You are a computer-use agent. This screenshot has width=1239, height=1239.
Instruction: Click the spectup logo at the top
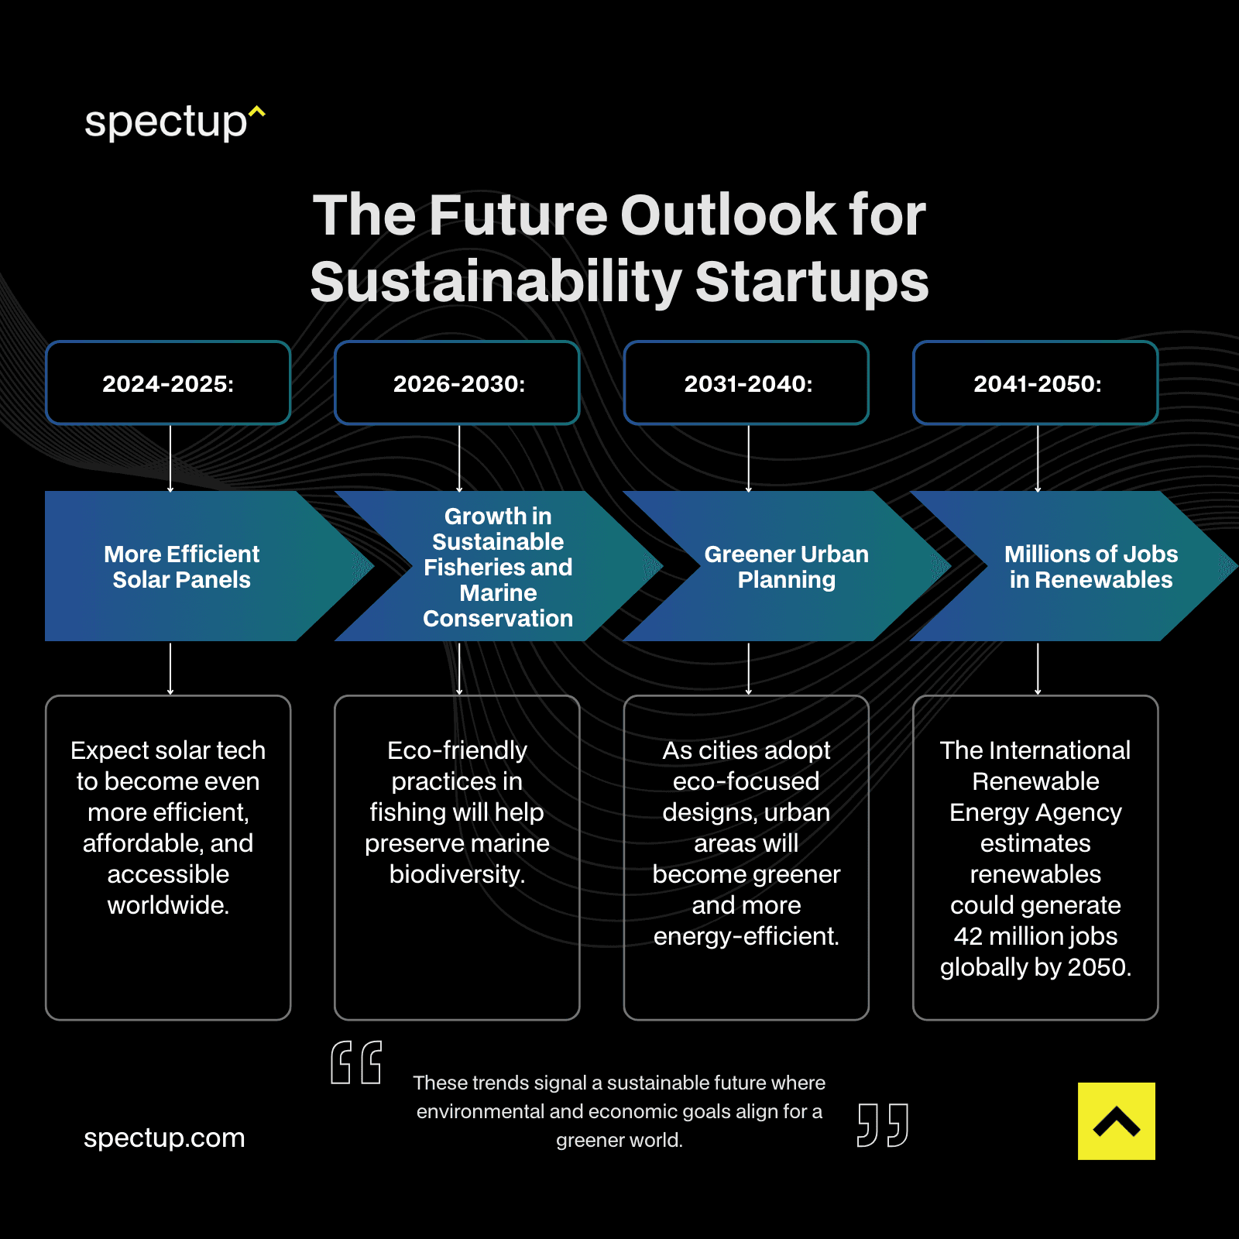(x=173, y=122)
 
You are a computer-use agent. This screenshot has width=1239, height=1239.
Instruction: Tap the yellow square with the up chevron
(x=1116, y=1121)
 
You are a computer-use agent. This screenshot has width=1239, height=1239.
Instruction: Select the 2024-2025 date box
(x=168, y=383)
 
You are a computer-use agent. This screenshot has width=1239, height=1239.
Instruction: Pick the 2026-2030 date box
(x=458, y=383)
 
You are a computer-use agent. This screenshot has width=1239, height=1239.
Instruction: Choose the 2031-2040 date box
(x=746, y=383)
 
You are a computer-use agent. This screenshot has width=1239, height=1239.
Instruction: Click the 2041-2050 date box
(x=1036, y=383)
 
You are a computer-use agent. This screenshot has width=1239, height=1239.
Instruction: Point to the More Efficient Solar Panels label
(x=181, y=567)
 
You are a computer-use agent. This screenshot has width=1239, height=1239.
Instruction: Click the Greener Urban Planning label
(x=786, y=567)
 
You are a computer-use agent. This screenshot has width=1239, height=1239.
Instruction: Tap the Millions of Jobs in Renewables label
(x=1090, y=567)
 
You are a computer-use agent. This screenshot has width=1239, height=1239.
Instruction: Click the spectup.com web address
(x=164, y=1138)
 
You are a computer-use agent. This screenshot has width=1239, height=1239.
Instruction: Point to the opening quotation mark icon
(x=356, y=1062)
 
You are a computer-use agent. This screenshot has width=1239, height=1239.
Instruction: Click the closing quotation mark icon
(x=883, y=1124)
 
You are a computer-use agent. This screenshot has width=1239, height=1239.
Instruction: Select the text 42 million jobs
(x=1035, y=936)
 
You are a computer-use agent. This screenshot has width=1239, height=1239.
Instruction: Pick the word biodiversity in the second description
(x=456, y=874)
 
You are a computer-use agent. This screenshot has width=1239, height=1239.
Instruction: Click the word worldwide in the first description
(x=167, y=905)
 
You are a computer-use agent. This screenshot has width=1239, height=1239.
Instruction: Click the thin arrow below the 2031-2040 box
(x=748, y=458)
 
